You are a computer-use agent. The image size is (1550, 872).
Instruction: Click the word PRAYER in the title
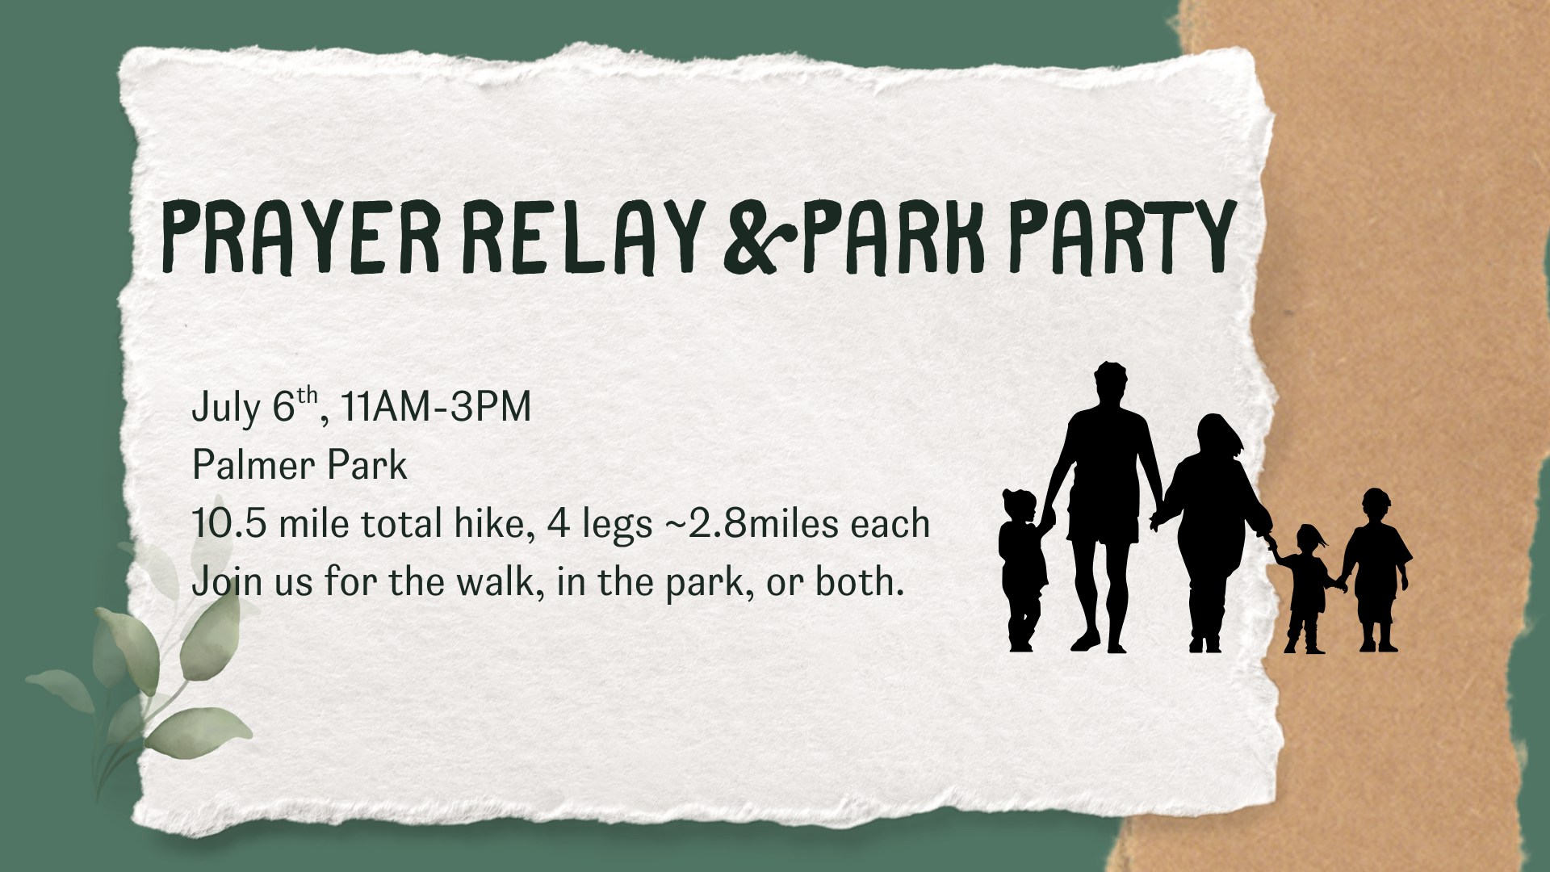[301, 237]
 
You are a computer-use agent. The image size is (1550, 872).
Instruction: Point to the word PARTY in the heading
[1123, 237]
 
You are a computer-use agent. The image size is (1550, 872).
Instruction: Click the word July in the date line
[226, 407]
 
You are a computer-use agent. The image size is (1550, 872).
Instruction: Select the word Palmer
[253, 465]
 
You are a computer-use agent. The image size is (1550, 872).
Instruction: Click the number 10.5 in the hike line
[229, 523]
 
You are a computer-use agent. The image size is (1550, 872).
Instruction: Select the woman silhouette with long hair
[1211, 533]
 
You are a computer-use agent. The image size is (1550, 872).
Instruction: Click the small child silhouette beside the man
[1023, 569]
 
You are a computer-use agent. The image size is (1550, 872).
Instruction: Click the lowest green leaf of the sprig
[198, 732]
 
